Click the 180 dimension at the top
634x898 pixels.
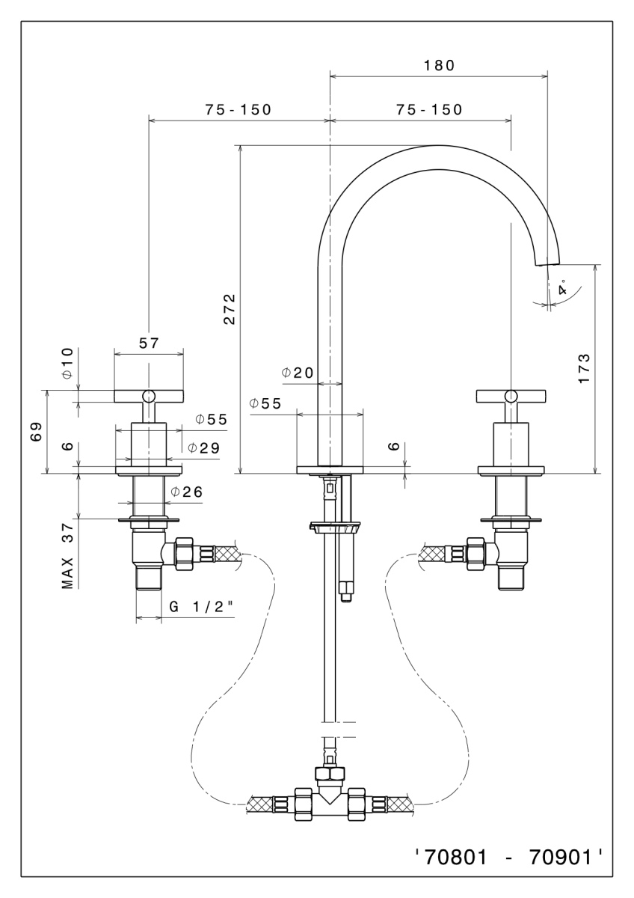click(x=439, y=65)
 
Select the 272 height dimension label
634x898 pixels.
click(x=230, y=308)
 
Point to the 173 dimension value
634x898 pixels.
click(x=585, y=368)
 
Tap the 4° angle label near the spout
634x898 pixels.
click(x=562, y=287)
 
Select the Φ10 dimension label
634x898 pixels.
click(x=67, y=362)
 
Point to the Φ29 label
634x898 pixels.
click(x=203, y=448)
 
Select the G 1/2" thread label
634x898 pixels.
click(x=198, y=607)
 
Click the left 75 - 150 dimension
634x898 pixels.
click(x=238, y=109)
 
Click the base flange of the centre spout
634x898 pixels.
click(x=330, y=470)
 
